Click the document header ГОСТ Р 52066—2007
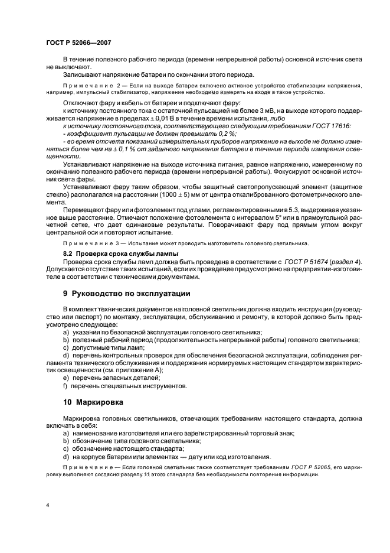pos(78,43)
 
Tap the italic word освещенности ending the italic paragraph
pos(63,157)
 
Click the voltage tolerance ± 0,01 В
pos(141,118)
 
